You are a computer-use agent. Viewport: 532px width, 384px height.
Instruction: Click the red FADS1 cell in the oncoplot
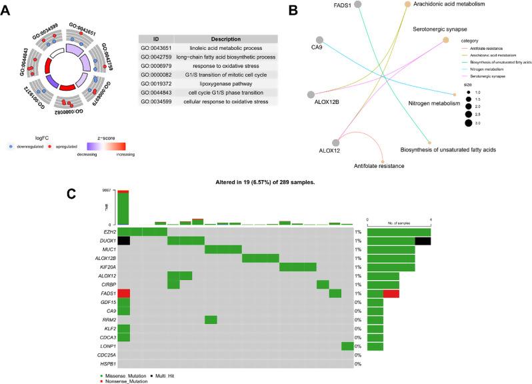click(x=123, y=293)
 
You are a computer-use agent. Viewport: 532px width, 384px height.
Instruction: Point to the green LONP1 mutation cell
click(x=347, y=346)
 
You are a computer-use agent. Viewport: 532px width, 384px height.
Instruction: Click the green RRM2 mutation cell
click(x=211, y=320)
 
